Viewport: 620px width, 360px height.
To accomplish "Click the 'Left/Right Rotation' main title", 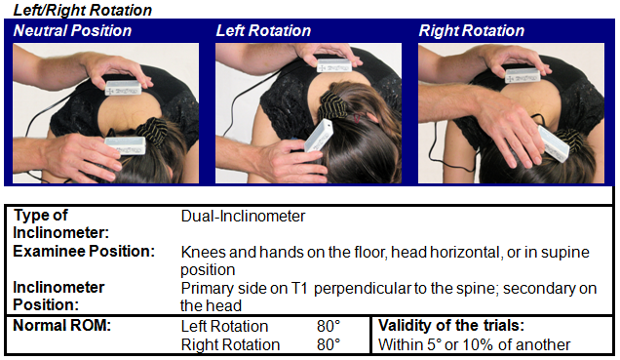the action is [83, 10].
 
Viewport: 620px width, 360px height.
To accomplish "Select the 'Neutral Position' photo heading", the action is [72, 31].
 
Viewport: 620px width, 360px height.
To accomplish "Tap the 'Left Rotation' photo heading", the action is [263, 31].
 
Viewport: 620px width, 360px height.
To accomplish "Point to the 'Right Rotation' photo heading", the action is [471, 31].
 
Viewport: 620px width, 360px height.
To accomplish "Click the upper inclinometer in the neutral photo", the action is [123, 88].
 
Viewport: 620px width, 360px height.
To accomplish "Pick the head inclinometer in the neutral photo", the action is [126, 145].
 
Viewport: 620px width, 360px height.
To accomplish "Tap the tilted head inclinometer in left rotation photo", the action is [318, 137].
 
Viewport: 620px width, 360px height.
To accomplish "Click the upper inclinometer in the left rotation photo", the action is [334, 65].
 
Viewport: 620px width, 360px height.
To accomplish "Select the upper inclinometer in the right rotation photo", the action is [523, 75].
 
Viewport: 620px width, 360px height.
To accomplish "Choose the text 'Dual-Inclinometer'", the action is [243, 217].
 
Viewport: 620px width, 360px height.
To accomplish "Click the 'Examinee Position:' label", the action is [84, 251].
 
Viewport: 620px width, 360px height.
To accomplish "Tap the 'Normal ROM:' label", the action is [62, 326].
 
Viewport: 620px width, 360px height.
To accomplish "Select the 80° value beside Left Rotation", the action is [329, 327].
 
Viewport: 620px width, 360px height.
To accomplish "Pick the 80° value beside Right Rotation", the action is [329, 344].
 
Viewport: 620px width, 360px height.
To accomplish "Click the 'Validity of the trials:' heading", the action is [451, 326].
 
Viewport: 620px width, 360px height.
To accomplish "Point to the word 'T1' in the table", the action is [299, 289].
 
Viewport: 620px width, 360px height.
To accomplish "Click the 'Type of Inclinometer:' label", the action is [60, 224].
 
